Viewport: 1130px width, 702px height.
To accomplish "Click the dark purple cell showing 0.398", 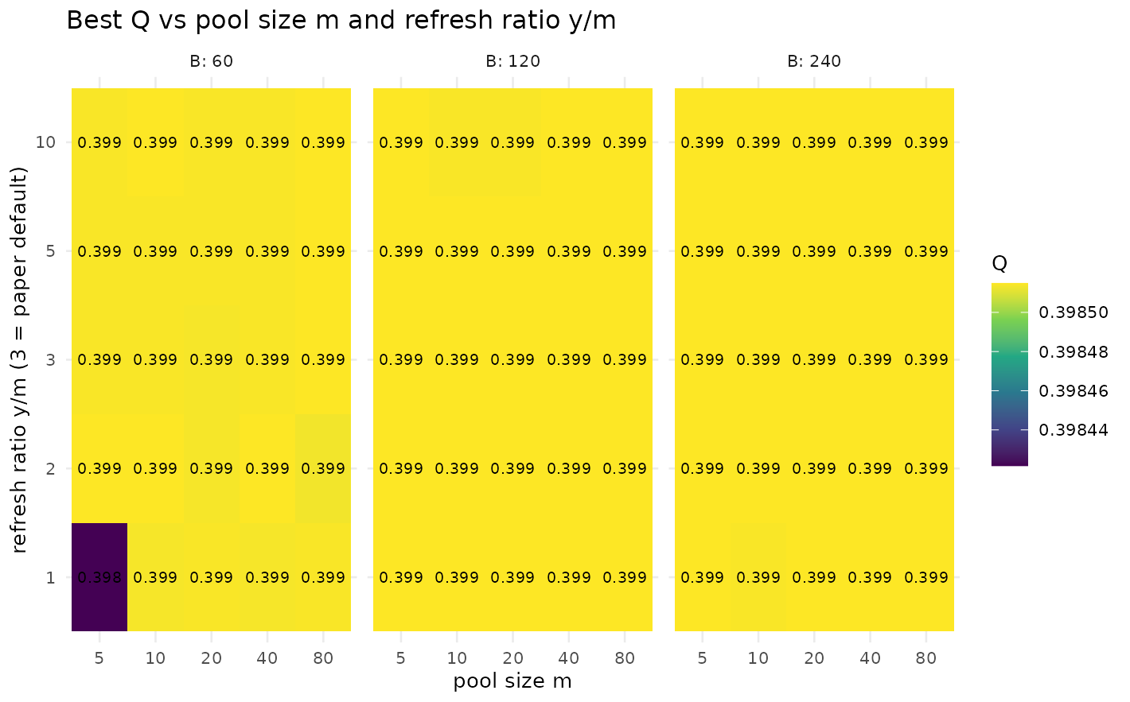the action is tap(99, 577).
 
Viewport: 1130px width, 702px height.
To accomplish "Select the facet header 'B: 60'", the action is tap(212, 61).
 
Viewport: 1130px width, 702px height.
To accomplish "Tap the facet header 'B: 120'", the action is tap(513, 61).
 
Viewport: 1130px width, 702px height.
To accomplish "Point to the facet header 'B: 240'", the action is tap(814, 61).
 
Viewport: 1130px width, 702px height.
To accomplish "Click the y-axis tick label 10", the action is tap(45, 142).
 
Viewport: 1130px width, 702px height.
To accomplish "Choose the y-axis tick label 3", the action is tap(50, 360).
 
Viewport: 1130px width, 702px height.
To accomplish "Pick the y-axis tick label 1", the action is tap(50, 577).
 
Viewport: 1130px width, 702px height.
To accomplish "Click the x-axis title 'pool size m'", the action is tap(512, 681).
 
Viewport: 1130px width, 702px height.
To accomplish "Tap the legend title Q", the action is tap(999, 264).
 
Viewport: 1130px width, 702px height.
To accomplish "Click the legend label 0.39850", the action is tap(1073, 312).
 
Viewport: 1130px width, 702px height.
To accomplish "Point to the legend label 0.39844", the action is tap(1073, 430).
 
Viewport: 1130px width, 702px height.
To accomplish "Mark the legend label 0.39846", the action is tap(1073, 391).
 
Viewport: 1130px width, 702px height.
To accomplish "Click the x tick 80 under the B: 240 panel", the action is tap(925, 658).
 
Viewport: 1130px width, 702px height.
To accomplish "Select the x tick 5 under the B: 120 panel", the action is tap(400, 658).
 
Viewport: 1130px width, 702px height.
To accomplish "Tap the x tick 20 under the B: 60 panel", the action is tap(212, 658).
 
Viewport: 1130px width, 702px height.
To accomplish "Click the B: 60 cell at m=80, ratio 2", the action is tap(323, 469).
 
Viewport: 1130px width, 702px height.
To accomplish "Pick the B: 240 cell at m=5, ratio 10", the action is tap(703, 142).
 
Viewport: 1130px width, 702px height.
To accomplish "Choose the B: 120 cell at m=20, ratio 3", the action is tap(512, 360).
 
